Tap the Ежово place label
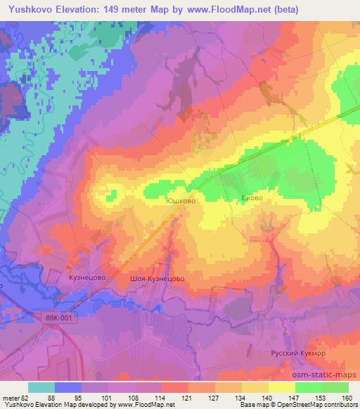coord(251,198)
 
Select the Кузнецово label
coord(87,278)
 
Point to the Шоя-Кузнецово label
coord(157,278)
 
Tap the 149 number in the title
coord(114,9)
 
